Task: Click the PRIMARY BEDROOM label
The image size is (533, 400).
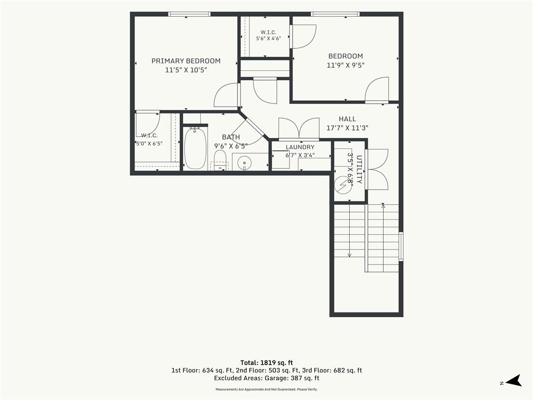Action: pos(186,61)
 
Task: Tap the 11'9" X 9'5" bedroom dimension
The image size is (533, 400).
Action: pos(346,65)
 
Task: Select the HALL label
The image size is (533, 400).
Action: pos(347,119)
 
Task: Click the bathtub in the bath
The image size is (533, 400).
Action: pos(196,148)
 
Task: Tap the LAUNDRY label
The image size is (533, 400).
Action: pos(300,147)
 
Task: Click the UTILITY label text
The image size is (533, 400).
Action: pos(359,169)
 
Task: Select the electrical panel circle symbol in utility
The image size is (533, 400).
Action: pos(343,185)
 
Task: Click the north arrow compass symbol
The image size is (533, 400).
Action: pos(513,381)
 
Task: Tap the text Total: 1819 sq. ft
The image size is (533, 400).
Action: pos(266,362)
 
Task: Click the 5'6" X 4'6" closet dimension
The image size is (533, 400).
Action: pos(268,39)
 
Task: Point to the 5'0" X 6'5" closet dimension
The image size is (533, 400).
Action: pos(149,144)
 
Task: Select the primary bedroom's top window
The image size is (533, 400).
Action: pos(189,14)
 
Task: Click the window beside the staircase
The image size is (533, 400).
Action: pos(401,246)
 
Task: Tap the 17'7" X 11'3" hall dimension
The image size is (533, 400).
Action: pos(347,128)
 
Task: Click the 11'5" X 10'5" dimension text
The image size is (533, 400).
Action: pos(186,70)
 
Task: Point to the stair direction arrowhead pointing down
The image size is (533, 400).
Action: pos(349,255)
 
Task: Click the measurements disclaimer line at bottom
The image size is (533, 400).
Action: pos(266,390)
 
